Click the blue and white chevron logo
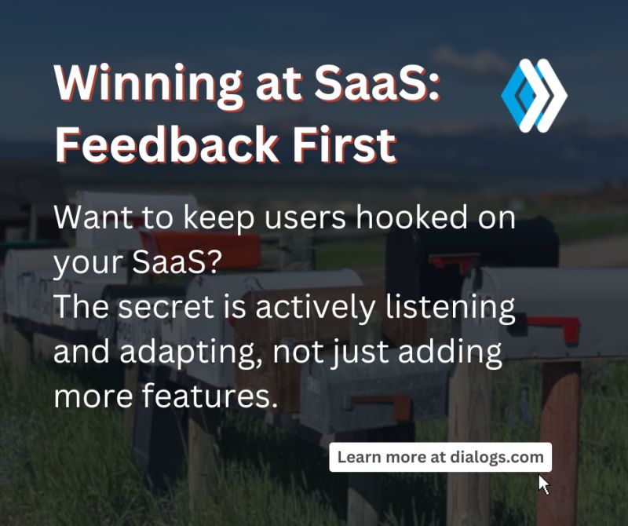pyautogui.click(x=534, y=95)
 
